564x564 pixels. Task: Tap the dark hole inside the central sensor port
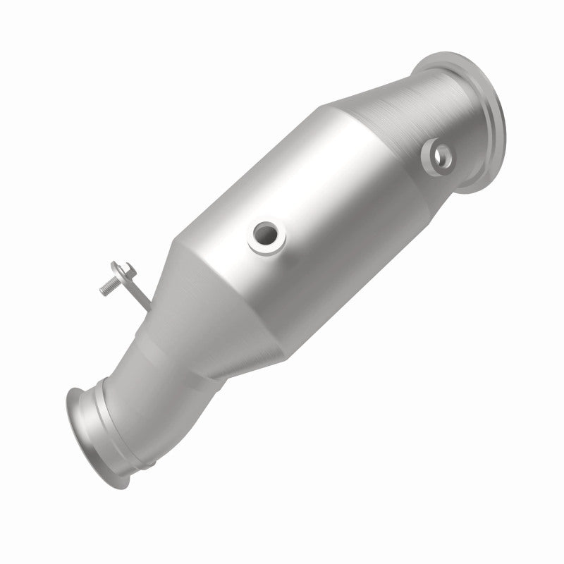(x=266, y=232)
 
